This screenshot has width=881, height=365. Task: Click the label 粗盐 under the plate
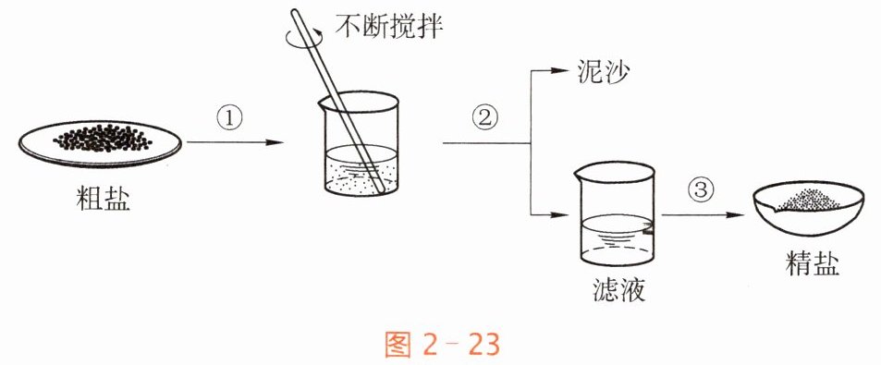coord(103,199)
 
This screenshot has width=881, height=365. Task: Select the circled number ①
coord(230,118)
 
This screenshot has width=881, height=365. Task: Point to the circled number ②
coord(485,118)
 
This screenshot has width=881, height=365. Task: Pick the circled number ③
coord(701,191)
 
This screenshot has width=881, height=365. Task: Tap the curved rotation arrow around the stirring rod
coord(304,37)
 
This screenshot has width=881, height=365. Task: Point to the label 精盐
coord(813,263)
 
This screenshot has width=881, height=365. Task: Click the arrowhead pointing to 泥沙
coord(560,70)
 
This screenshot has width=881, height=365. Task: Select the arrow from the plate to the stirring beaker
coord(235,142)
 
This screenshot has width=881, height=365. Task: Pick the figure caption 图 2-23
coord(442,344)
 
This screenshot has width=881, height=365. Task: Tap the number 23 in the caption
coord(482,345)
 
